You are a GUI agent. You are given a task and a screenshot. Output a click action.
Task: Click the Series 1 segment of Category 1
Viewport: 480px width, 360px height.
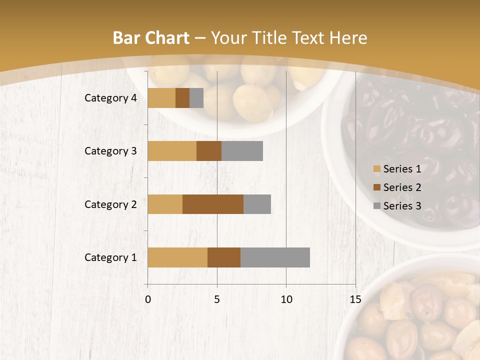[177, 257]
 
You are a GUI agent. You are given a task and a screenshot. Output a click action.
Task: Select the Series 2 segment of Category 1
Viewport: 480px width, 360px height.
[224, 257]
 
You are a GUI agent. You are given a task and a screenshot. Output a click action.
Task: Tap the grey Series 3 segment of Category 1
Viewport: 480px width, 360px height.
[275, 257]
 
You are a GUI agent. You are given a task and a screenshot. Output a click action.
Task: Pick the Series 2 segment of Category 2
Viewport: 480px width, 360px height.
[213, 204]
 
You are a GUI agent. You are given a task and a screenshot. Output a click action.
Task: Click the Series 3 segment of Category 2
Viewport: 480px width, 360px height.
[257, 204]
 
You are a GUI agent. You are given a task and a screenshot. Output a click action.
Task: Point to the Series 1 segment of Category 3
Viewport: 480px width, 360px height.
[172, 151]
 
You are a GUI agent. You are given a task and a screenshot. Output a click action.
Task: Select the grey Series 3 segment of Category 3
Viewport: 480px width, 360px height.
[242, 151]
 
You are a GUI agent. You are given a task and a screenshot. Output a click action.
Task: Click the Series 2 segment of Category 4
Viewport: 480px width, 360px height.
[182, 98]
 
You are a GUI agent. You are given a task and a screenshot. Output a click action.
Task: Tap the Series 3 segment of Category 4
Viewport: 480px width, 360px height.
[196, 98]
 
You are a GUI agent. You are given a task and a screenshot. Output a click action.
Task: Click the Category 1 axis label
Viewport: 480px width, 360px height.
[110, 257]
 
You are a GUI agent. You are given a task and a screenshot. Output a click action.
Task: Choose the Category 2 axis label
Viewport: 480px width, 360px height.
[110, 204]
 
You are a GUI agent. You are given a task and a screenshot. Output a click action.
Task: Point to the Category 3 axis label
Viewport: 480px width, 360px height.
[110, 151]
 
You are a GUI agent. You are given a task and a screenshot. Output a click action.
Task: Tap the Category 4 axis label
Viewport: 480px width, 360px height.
[110, 98]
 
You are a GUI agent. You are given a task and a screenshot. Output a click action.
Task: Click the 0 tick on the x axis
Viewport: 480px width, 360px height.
[148, 299]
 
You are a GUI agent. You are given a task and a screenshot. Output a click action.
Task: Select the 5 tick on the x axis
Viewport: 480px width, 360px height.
[217, 299]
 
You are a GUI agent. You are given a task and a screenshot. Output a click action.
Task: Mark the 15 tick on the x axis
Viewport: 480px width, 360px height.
[355, 299]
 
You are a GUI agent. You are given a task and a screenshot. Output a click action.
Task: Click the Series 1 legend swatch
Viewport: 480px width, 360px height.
[376, 169]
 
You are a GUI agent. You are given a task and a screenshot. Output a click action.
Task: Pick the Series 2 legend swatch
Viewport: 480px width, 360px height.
[376, 187]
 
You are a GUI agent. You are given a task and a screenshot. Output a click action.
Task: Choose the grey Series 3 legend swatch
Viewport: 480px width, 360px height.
[376, 206]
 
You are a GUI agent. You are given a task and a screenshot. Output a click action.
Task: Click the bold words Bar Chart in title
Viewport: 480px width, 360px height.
[151, 38]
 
